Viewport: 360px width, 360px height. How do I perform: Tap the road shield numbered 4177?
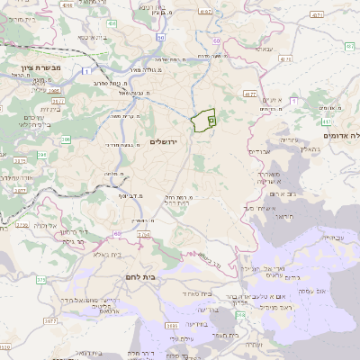click(250, 93)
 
